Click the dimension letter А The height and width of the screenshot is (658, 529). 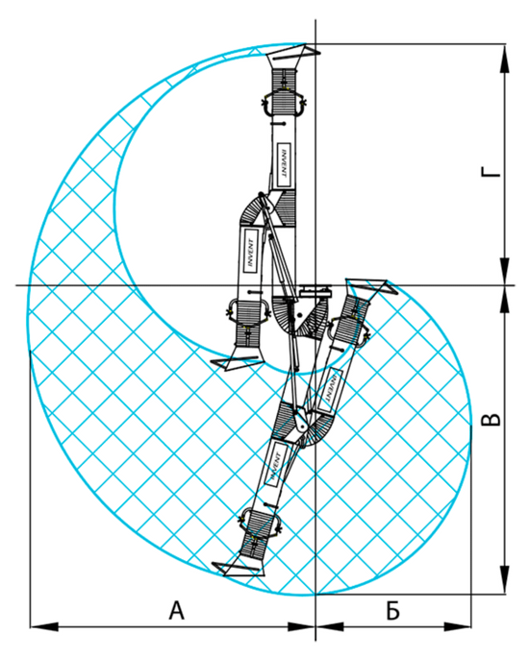[176, 610]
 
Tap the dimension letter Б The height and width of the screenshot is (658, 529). [392, 610]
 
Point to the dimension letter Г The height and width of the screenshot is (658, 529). [491, 172]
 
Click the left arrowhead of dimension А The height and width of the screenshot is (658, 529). [44, 626]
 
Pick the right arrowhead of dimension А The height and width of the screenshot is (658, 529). [301, 626]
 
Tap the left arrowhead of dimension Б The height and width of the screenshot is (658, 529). [330, 626]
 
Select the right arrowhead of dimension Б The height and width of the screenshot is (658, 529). [457, 626]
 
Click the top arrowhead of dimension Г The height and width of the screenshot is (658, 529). [505, 58]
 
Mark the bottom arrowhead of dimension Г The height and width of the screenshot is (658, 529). [505, 271]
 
